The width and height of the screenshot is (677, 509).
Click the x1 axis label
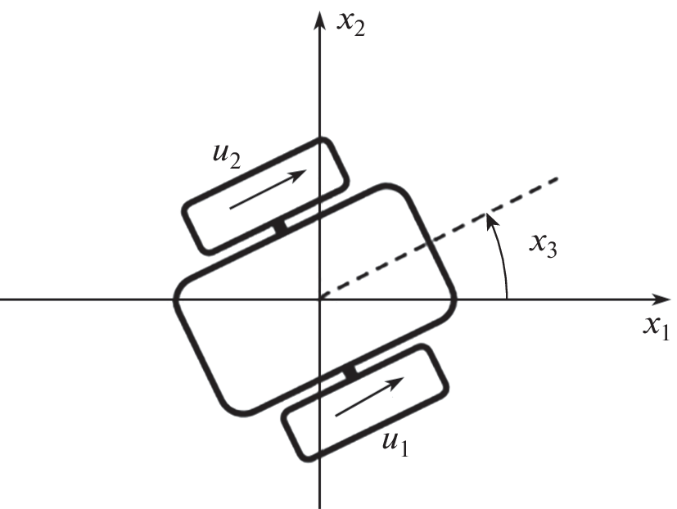657,327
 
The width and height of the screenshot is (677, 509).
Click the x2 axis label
351,25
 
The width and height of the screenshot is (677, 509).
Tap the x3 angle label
544,246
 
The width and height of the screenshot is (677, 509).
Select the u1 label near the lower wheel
395,444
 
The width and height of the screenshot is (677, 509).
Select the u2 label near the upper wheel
227,156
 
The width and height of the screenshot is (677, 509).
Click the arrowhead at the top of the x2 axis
319,20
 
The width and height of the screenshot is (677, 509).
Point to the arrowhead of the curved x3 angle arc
490,218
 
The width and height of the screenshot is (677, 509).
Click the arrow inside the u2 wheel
268,189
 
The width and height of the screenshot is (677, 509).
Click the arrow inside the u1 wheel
369,397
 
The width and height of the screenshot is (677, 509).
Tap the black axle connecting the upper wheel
281,227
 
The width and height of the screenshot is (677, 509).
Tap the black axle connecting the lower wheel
351,372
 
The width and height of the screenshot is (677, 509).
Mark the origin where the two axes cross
319,299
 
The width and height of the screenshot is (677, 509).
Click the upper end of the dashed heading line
558,178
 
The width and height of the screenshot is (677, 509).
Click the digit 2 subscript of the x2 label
359,29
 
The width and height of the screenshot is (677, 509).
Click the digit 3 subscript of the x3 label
552,251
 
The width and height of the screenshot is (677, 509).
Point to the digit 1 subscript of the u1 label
403,449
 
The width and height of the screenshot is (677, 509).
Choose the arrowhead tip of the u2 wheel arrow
305,170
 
